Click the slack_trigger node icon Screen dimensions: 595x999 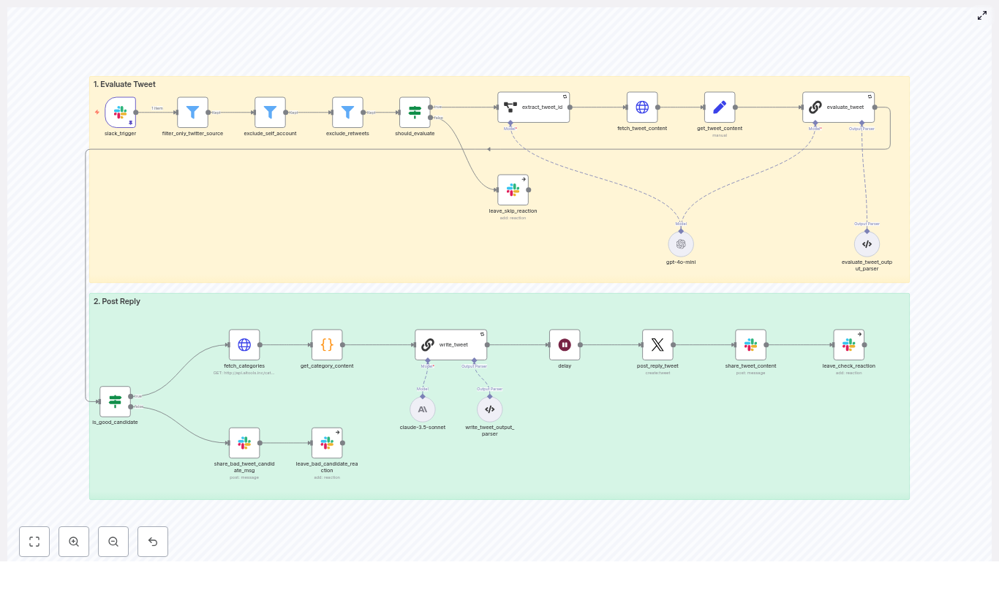pos(120,112)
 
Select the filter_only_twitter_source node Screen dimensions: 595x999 pos(192,112)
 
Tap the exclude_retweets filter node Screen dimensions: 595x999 pos(347,112)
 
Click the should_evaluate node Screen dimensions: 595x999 pos(415,112)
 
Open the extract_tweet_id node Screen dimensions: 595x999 pos(533,107)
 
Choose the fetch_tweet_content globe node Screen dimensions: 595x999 pos(642,107)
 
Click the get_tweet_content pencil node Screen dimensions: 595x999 pos(720,107)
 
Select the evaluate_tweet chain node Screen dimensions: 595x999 pos(838,107)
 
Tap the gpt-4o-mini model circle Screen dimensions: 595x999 pos(681,244)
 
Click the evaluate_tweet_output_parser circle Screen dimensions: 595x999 pos(867,244)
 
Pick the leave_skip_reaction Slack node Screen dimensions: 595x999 pos(513,189)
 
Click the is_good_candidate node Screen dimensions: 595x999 pos(115,401)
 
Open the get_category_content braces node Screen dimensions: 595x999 pos(327,344)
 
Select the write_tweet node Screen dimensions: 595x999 pos(451,344)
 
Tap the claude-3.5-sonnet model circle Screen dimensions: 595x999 pos(423,409)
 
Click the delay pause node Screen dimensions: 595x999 pos(565,344)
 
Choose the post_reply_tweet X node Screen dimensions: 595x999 pos(657,344)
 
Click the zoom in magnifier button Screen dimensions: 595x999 pos(74,542)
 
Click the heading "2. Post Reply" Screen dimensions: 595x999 pos(117,301)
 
